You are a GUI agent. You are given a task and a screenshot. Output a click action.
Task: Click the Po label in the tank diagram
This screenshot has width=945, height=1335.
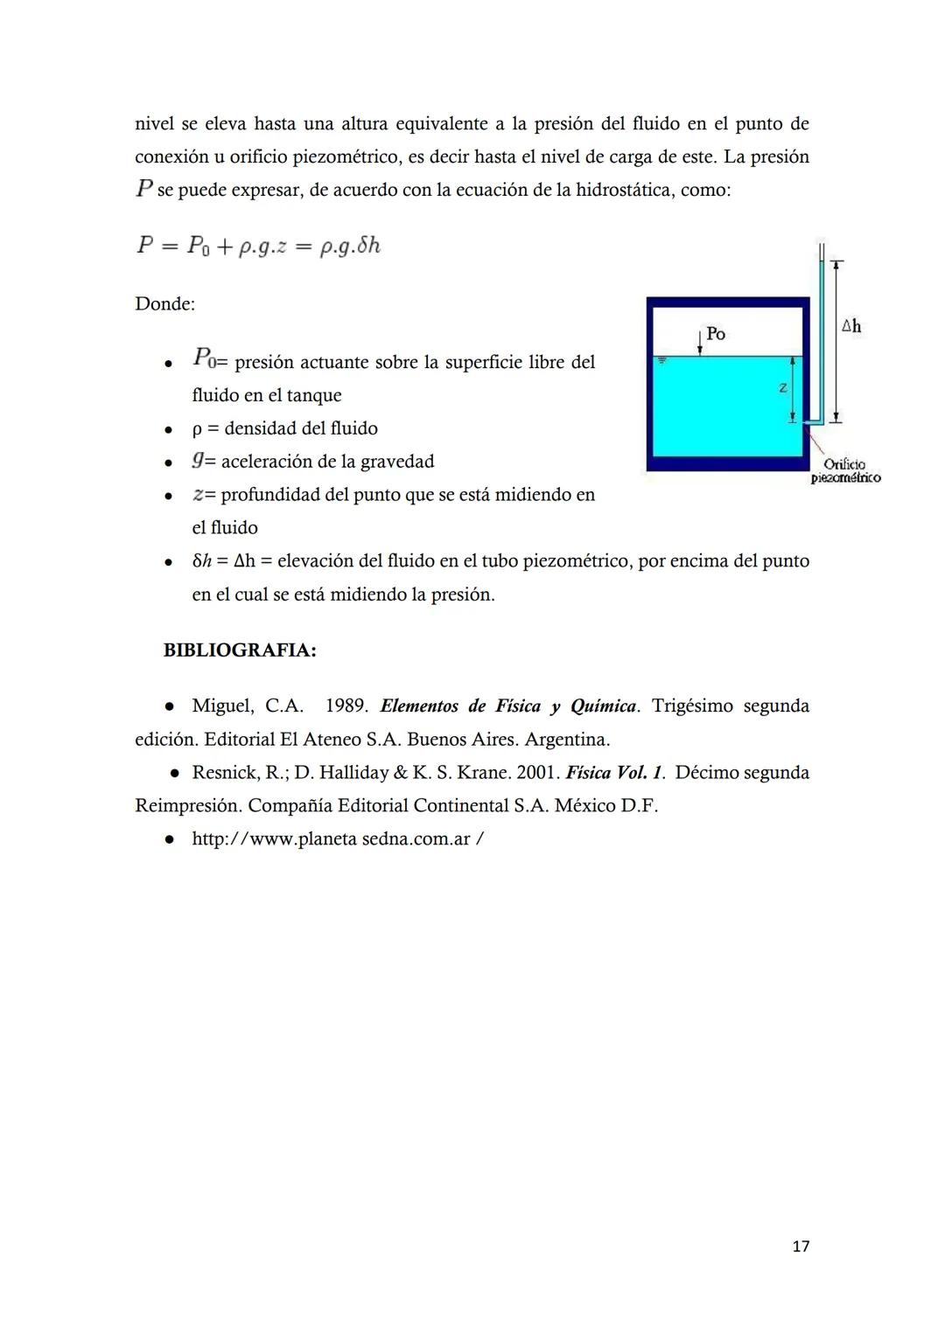tap(716, 334)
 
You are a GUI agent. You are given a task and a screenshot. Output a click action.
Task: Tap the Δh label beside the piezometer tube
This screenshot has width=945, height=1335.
tap(850, 326)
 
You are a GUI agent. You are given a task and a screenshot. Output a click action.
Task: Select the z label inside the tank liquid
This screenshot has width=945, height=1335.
tap(783, 387)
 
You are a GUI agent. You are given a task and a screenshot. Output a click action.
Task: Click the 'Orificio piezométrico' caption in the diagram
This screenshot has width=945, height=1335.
tap(845, 471)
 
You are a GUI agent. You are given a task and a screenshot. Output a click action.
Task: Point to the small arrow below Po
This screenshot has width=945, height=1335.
tap(700, 343)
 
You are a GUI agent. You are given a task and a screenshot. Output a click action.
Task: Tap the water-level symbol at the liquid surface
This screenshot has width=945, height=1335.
tap(662, 359)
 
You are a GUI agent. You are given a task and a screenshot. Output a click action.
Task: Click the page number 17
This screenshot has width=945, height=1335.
tap(800, 1246)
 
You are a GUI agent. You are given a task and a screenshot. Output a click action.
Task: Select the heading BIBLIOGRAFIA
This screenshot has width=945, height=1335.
tap(240, 650)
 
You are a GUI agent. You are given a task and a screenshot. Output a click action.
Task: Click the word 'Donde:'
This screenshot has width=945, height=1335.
tap(164, 304)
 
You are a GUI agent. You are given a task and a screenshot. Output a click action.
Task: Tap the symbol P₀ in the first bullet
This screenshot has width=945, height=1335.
tap(203, 358)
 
